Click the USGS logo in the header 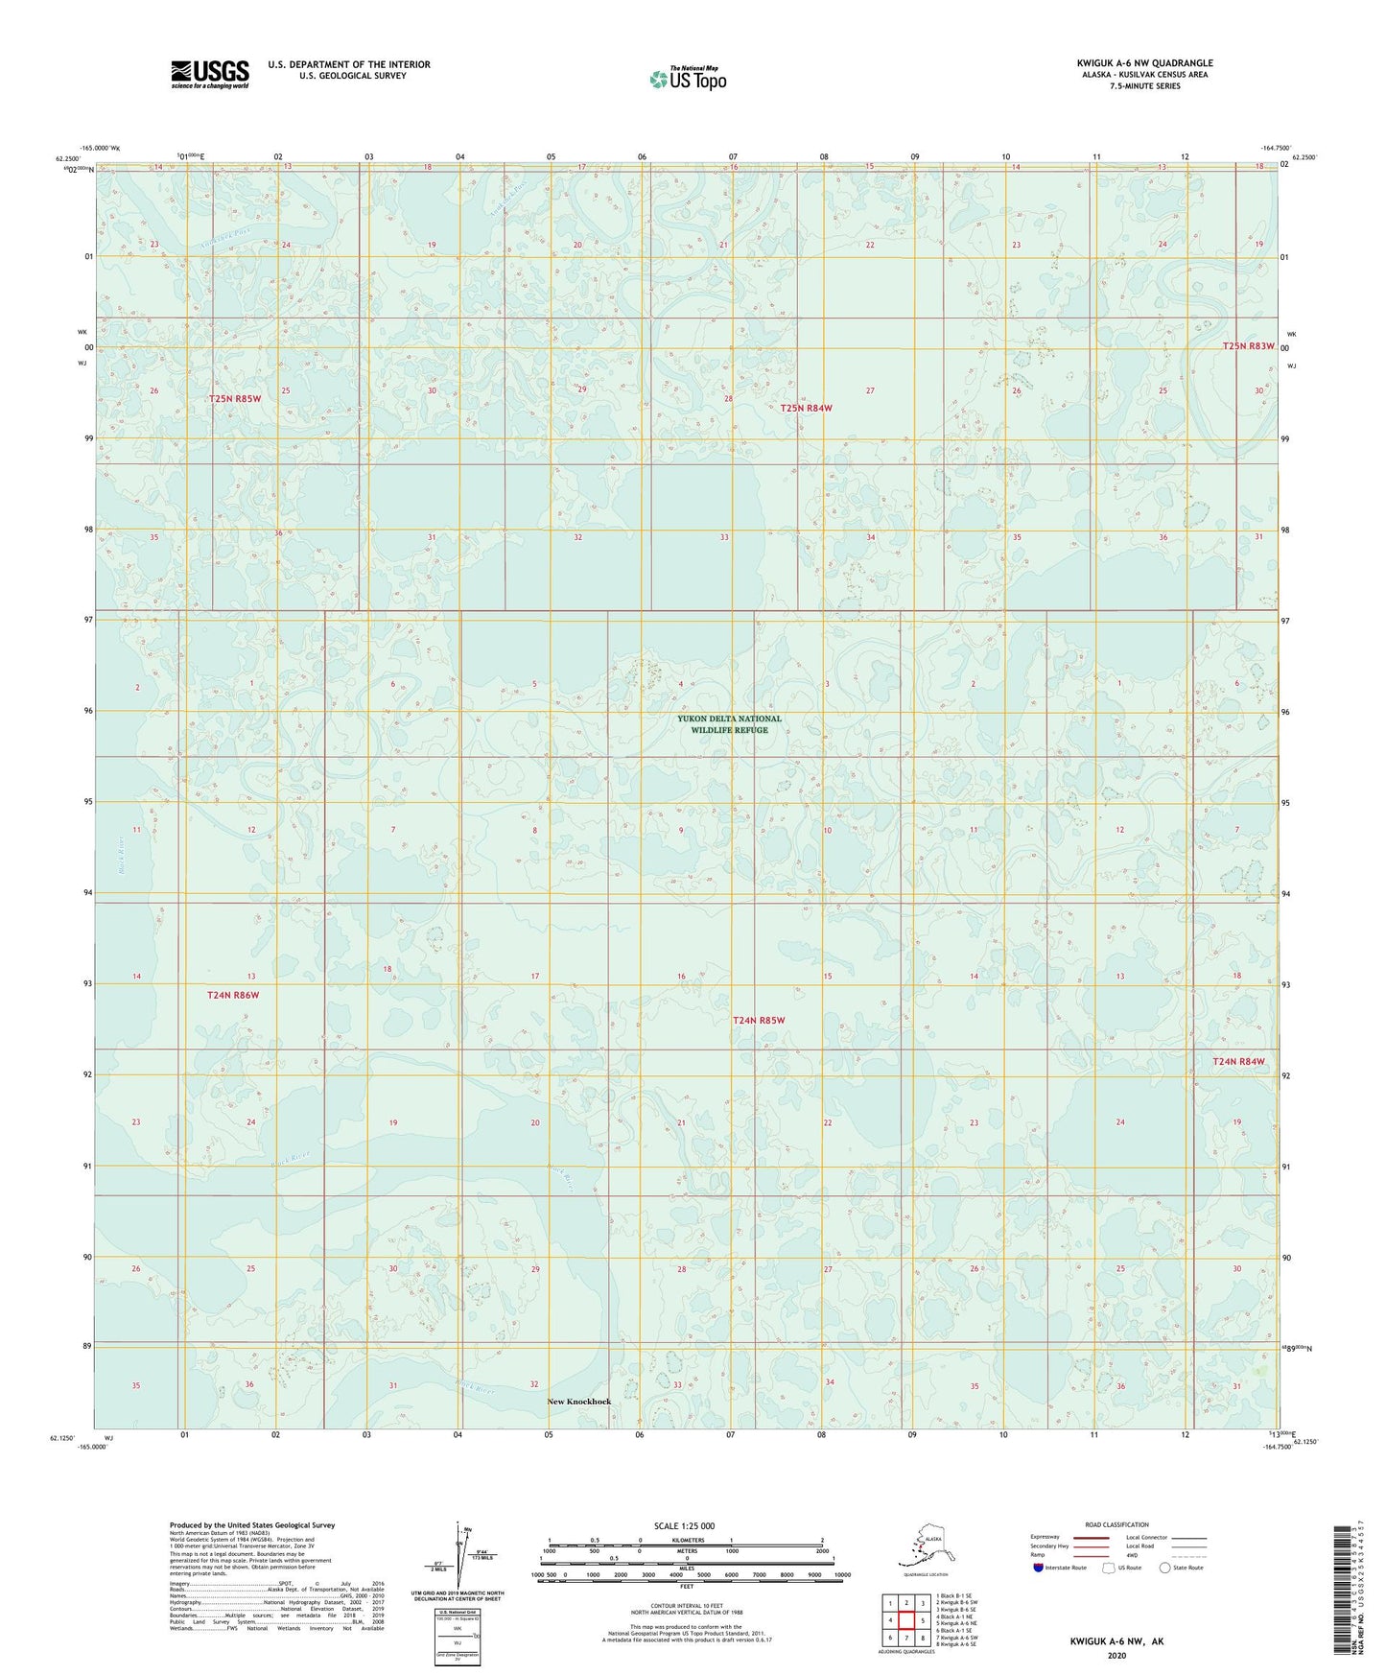[209, 74]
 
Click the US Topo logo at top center [687, 79]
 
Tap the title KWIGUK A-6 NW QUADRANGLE [1143, 63]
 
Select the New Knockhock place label [578, 1402]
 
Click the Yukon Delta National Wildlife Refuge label [729, 724]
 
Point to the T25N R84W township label [806, 408]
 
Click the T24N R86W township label [233, 995]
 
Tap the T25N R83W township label [1248, 345]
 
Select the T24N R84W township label [1238, 1061]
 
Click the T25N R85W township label [235, 398]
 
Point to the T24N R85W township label [759, 1020]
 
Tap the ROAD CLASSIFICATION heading [1116, 1524]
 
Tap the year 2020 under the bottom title [1116, 1655]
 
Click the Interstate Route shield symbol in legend [1038, 1568]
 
